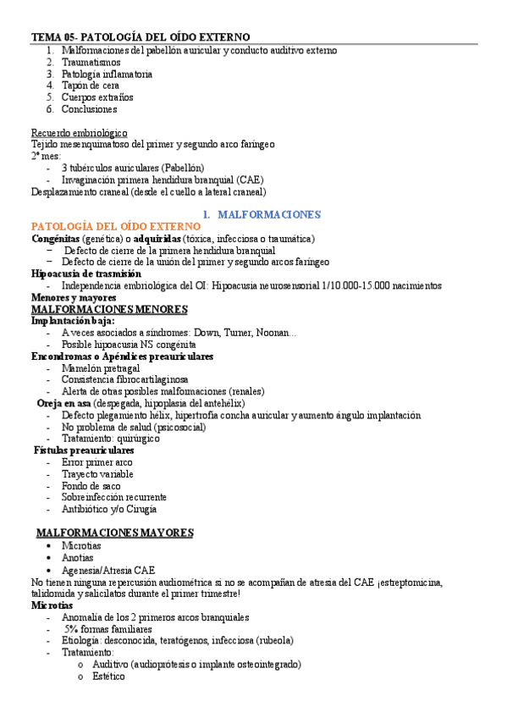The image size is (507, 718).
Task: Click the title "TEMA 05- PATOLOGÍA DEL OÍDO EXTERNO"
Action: coord(141,38)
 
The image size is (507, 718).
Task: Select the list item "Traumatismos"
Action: coord(91,62)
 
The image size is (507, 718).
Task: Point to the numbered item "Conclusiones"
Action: coord(89,109)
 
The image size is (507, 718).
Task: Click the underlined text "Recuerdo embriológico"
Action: coord(80,133)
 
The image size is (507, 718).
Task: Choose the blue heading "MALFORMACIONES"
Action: coord(263,215)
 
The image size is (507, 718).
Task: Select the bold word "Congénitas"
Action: coord(56,239)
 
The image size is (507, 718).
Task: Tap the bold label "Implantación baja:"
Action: coord(73,321)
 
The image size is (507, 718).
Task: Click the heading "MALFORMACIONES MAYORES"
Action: coord(115,533)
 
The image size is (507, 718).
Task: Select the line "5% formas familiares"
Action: coord(107,629)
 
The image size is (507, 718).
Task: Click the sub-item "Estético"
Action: coord(108,677)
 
